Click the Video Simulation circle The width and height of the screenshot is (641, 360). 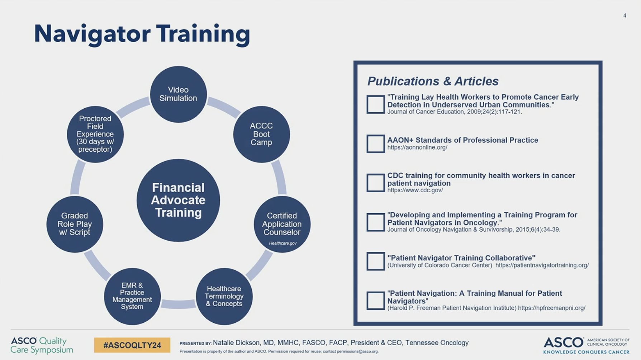tap(178, 94)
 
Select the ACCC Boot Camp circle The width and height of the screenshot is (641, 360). tap(261, 134)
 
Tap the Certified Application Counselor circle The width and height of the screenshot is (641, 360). tap(282, 224)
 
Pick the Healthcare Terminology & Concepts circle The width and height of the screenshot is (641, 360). tap(224, 296)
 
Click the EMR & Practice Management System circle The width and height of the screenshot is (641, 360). tap(132, 296)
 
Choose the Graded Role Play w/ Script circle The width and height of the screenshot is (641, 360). tap(75, 224)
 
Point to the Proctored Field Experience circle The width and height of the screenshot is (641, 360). tap(95, 134)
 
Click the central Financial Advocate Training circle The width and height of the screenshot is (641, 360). tap(178, 200)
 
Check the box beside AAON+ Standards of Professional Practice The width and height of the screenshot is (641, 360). tap(375, 143)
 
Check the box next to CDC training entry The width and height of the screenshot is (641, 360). tap(375, 183)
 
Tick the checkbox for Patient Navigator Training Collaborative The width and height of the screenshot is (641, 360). tap(375, 261)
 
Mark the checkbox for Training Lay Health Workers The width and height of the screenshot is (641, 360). tap(375, 104)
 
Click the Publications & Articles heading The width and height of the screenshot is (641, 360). tap(433, 81)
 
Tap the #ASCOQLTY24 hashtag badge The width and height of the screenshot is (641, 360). tap(132, 345)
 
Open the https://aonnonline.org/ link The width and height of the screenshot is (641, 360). tap(417, 147)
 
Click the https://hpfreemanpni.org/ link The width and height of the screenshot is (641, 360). tap(552, 308)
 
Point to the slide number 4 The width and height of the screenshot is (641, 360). tap(625, 15)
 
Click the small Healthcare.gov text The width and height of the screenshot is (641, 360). tap(282, 243)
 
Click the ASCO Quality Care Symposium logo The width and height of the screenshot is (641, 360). tap(42, 345)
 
